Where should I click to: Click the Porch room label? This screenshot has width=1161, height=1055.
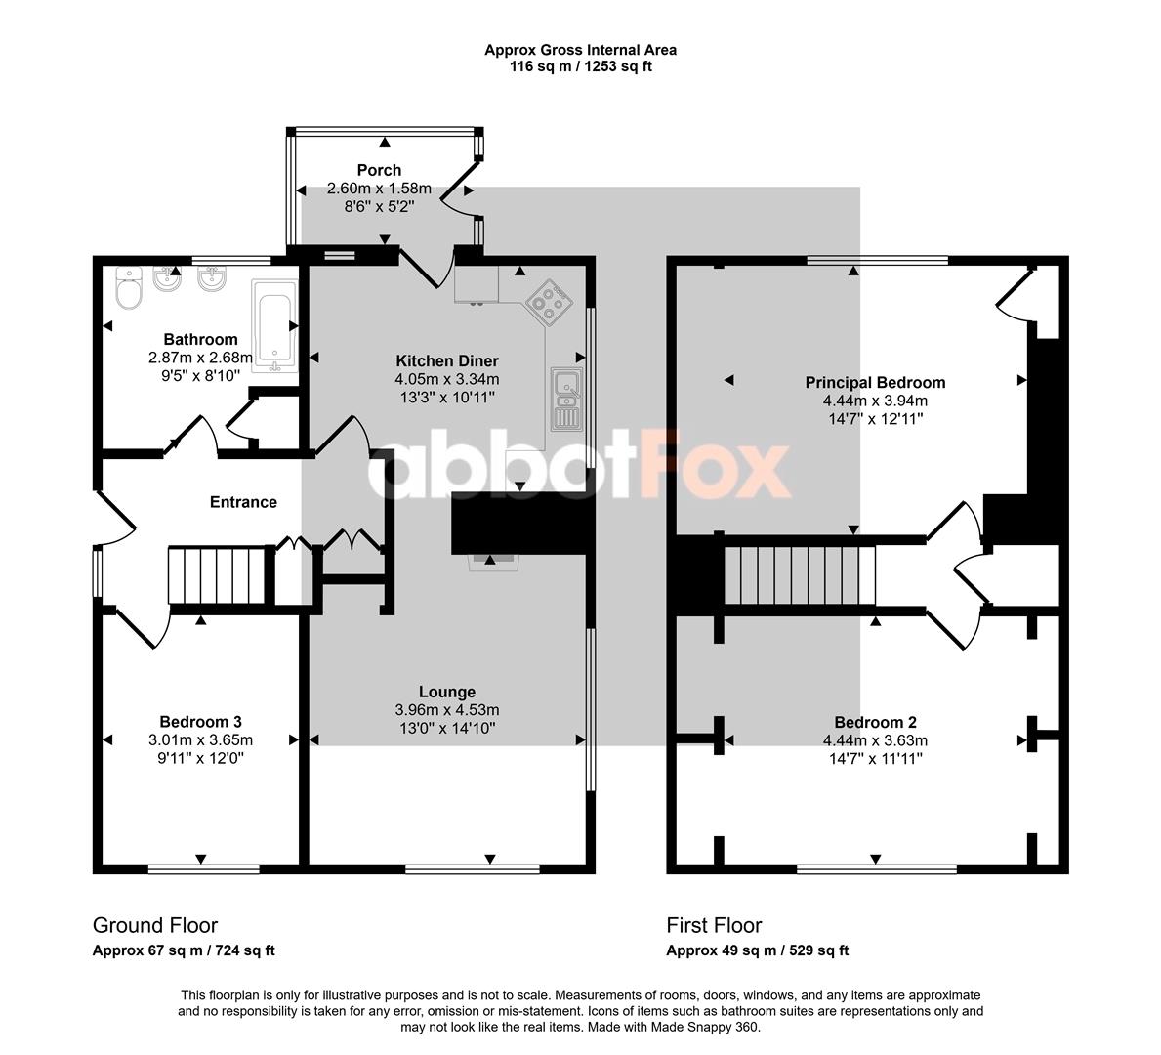click(x=379, y=170)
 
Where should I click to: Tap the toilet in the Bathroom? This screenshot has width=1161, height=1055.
click(x=130, y=287)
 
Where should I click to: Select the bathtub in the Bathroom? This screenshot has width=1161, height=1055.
click(x=274, y=326)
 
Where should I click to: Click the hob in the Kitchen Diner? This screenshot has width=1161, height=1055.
click(x=550, y=302)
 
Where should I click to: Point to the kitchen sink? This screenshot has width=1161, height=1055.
click(x=567, y=399)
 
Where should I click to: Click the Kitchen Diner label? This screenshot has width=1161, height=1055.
click(x=447, y=361)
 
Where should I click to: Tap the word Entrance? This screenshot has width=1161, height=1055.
click(x=243, y=502)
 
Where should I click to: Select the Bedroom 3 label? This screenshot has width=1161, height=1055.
click(x=200, y=722)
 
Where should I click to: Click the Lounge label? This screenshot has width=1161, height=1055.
click(x=447, y=692)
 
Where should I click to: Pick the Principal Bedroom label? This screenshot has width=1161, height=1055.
click(x=875, y=383)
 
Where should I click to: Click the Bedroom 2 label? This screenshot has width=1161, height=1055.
click(x=875, y=722)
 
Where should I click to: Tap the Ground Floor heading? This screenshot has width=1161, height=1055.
click(x=154, y=925)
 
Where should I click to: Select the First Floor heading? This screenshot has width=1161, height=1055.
click(x=714, y=925)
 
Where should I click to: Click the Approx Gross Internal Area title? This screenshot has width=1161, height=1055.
click(x=580, y=51)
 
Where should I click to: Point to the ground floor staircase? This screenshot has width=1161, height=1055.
click(x=217, y=575)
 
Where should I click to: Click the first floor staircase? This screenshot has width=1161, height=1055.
click(x=799, y=575)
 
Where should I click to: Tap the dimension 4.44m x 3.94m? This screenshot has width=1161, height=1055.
click(x=875, y=401)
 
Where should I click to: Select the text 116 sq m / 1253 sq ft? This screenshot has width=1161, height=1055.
click(x=580, y=66)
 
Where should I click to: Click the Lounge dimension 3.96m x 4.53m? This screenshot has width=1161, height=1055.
click(x=447, y=710)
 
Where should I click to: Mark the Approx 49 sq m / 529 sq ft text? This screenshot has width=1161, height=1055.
click(x=758, y=950)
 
